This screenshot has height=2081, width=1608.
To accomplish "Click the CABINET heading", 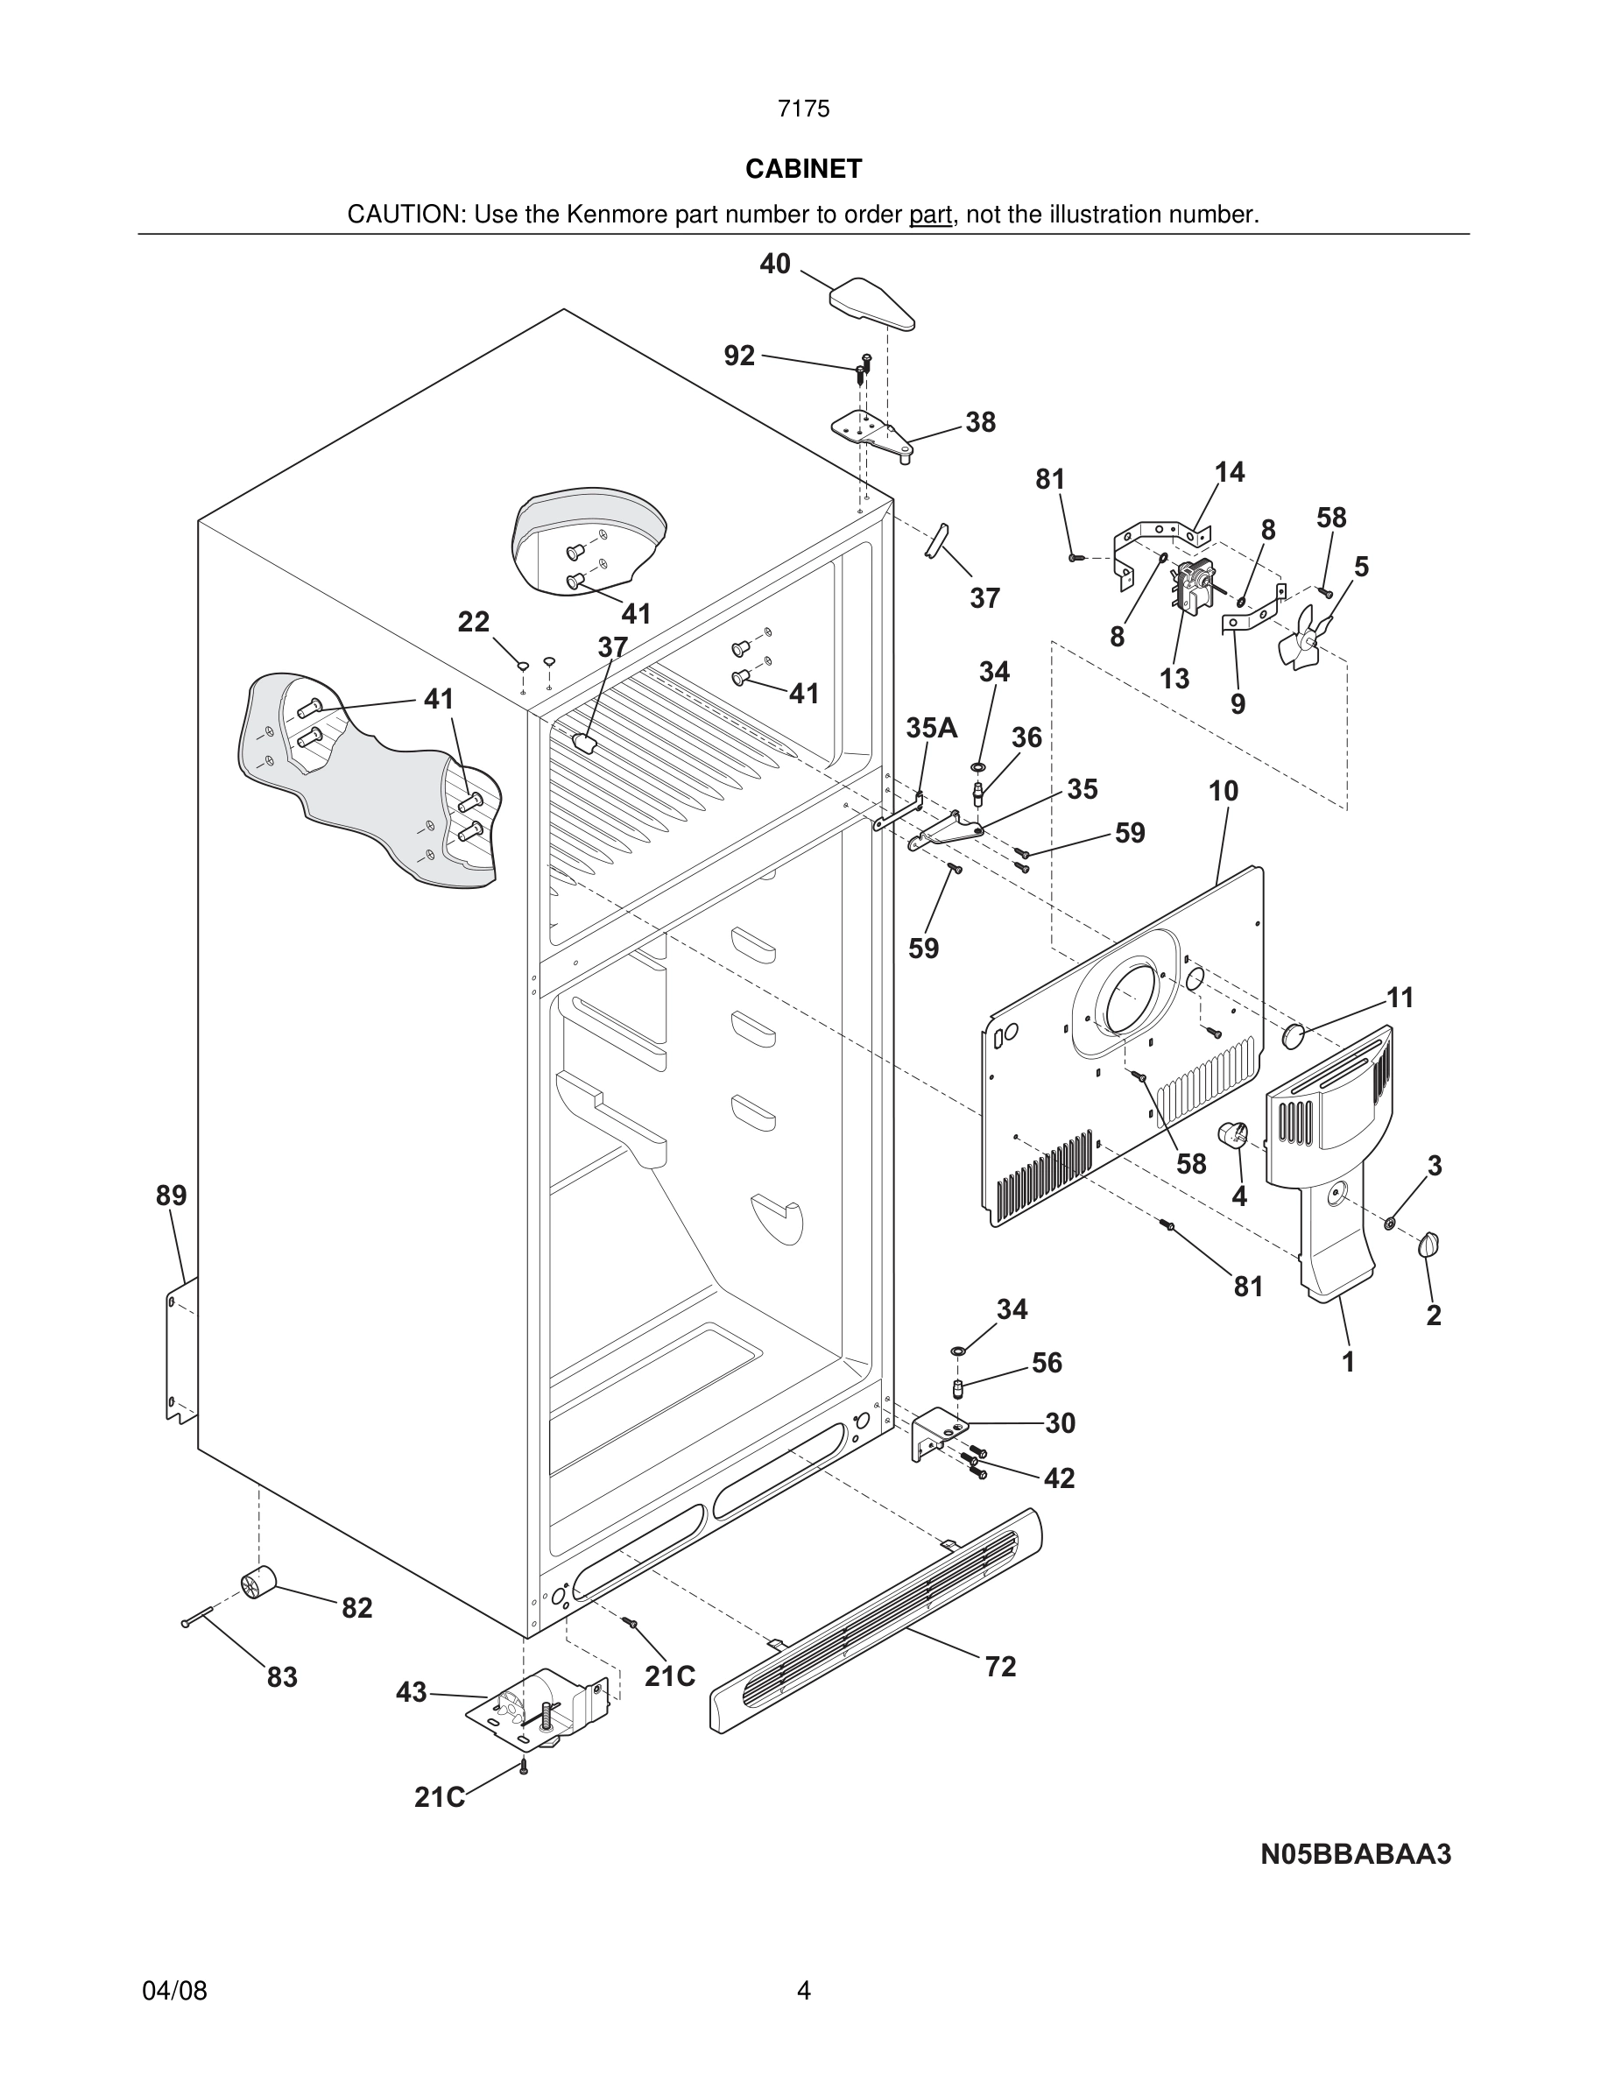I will (803, 169).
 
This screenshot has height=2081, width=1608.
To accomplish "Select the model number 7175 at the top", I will (803, 109).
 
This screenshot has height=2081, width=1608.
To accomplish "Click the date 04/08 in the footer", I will (174, 1991).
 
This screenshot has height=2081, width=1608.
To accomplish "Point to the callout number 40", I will (774, 264).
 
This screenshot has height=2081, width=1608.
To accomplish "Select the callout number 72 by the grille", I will (1000, 1667).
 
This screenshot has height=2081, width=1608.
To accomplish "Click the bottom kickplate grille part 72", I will (877, 1619).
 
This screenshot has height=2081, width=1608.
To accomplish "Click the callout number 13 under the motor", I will (1174, 679).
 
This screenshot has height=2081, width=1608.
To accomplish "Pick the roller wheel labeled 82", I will (257, 1582).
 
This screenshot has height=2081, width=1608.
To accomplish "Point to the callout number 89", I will (172, 1195).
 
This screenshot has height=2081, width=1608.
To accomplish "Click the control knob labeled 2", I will (1428, 1245).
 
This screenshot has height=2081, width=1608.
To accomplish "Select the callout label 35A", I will (931, 728).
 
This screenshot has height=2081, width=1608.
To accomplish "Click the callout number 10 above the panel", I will (1224, 791).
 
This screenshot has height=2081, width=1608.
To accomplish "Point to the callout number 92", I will (739, 356).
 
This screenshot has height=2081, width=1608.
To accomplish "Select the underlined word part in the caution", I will (930, 215).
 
